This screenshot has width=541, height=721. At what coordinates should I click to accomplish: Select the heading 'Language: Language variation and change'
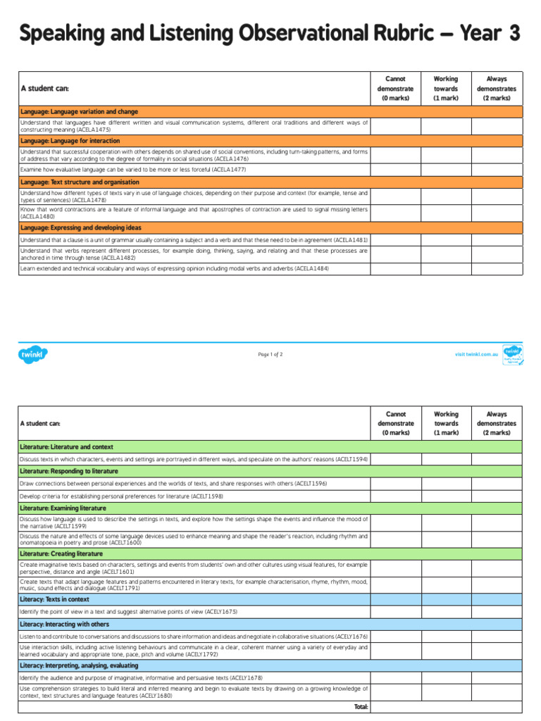(x=79, y=111)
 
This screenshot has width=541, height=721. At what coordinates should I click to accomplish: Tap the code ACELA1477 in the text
(x=229, y=170)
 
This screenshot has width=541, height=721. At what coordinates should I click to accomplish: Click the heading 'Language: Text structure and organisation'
(x=80, y=182)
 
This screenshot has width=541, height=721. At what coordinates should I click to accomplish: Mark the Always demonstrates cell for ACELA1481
(x=497, y=239)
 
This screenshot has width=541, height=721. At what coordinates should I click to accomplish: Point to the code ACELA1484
(x=313, y=268)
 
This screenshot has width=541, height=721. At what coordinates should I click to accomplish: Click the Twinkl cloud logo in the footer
(x=33, y=354)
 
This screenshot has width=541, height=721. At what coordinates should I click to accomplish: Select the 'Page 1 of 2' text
(x=270, y=354)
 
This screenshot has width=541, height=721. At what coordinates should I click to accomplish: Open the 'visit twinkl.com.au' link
(x=477, y=354)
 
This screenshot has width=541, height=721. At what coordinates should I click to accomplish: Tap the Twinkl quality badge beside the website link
(x=513, y=354)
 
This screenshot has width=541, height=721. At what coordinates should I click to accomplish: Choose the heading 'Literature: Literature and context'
(x=66, y=447)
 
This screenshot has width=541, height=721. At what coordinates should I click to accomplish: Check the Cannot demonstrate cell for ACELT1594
(x=395, y=459)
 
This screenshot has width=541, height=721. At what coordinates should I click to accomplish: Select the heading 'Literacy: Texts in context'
(x=54, y=599)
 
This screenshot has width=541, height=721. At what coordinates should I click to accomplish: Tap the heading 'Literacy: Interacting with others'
(x=64, y=624)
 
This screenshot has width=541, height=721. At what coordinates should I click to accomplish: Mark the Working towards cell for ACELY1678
(x=446, y=677)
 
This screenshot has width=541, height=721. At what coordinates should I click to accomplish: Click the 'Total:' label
(x=360, y=706)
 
